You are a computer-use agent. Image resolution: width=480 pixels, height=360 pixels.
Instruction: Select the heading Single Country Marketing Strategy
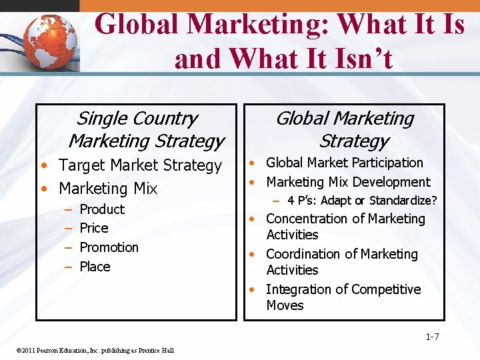pos(145,130)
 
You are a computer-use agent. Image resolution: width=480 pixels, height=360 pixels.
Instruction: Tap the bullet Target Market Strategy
pos(140,165)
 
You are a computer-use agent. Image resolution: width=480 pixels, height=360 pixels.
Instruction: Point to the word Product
pos(102,209)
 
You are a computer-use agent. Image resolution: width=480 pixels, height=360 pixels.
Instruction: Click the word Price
pos(94,228)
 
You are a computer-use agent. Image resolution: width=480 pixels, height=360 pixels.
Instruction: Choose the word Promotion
pos(109,247)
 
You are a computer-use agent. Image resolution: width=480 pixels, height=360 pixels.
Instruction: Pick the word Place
pos(95,267)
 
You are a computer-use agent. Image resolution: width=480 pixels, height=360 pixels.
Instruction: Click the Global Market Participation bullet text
pos(345,163)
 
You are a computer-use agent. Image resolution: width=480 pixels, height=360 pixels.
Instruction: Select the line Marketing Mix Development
pos(349,182)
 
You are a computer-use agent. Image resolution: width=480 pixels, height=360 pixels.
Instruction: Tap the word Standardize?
pos(403,200)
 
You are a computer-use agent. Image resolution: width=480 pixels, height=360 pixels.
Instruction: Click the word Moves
pos(285,305)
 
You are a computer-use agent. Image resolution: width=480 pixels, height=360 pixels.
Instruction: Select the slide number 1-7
pos(432,336)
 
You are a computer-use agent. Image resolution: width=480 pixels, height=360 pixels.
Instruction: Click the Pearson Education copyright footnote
pos(94,351)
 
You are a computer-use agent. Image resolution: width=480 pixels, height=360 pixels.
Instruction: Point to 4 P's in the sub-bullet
pos(301,200)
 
